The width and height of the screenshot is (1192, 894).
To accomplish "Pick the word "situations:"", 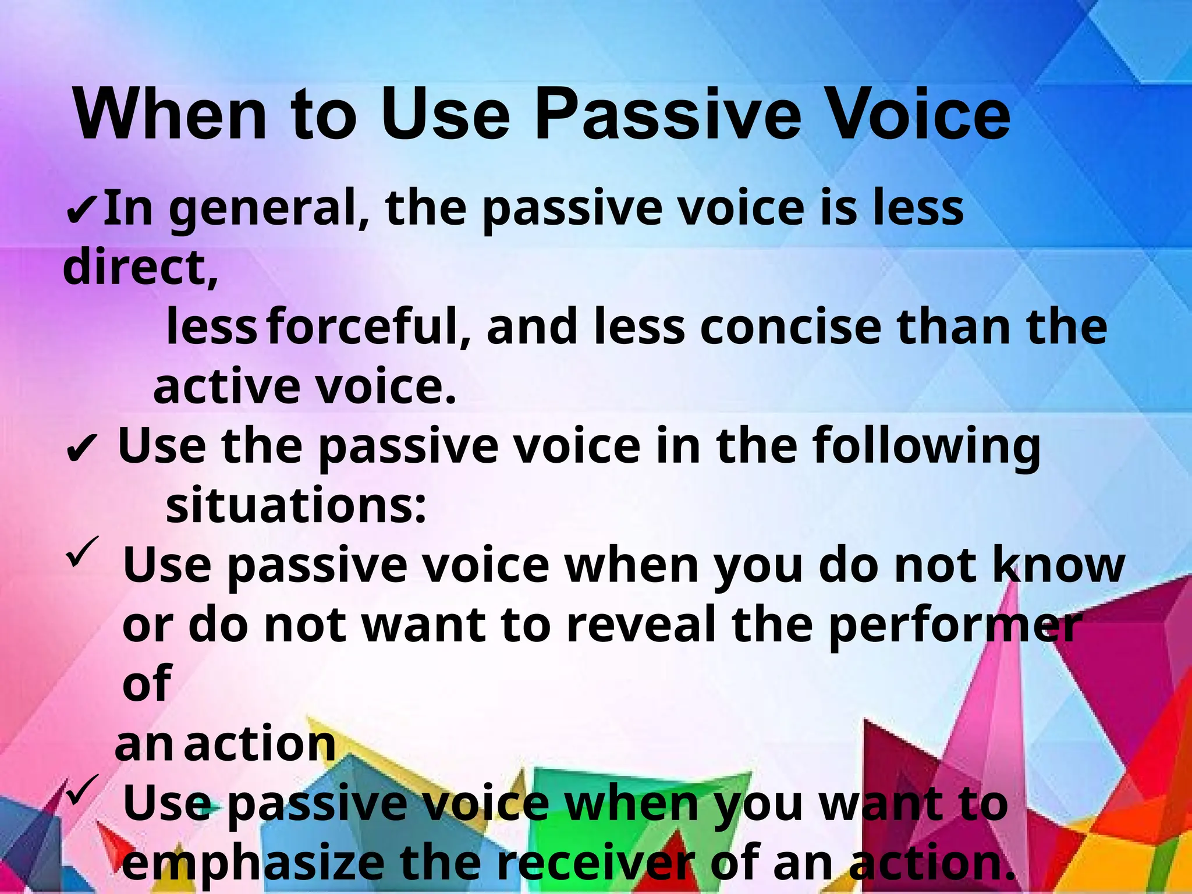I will (x=296, y=505).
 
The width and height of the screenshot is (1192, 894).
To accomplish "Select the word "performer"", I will (x=955, y=626).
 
